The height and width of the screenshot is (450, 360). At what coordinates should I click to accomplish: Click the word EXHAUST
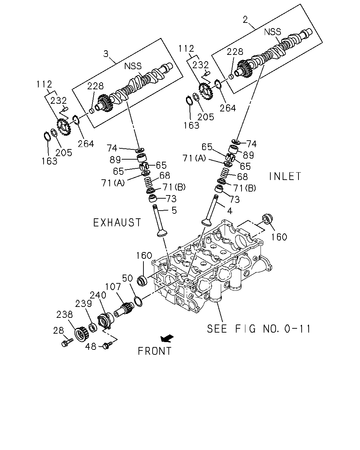[x=117, y=223]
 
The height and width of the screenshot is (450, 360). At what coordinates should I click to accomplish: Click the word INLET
[x=285, y=176]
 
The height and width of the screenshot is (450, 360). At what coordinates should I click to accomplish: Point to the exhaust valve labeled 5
[x=161, y=221]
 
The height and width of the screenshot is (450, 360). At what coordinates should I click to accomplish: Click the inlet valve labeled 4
[x=210, y=211]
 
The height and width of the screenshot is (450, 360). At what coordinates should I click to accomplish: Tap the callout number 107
[x=113, y=287]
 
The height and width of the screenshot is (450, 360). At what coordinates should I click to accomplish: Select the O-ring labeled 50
[x=138, y=302]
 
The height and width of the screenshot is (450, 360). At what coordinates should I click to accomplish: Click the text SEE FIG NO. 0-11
[x=258, y=328]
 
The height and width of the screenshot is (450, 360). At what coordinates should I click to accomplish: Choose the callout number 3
[x=106, y=54]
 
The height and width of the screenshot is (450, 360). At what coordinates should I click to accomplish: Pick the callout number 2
[x=245, y=20]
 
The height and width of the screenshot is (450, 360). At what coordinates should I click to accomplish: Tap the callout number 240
[x=98, y=295]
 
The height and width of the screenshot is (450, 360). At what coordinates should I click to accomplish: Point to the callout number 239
[x=83, y=303]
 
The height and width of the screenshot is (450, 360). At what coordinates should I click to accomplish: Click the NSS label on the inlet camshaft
[x=272, y=32]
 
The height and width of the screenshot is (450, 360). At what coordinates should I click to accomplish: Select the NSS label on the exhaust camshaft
[x=133, y=66]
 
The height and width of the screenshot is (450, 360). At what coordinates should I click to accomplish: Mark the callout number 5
[x=174, y=210]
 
